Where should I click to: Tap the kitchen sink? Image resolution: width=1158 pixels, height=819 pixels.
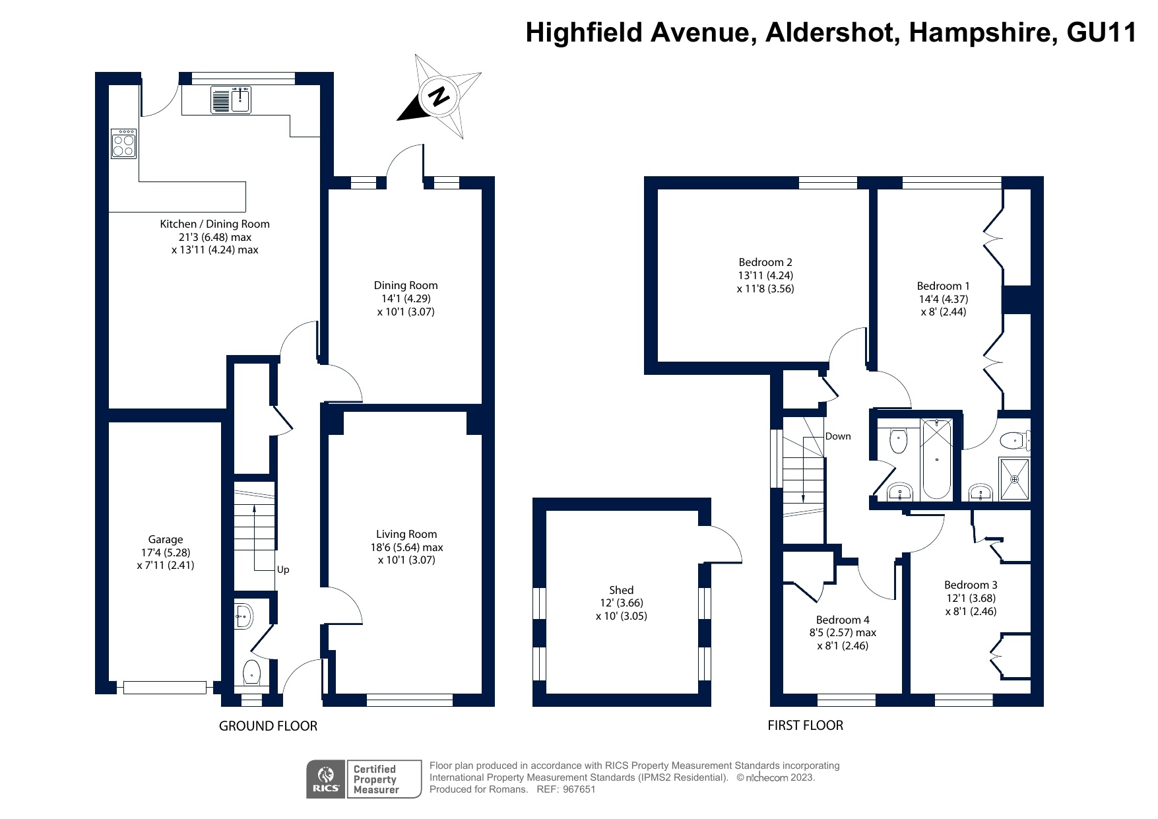(x=231, y=100)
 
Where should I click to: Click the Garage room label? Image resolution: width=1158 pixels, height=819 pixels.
(x=166, y=539)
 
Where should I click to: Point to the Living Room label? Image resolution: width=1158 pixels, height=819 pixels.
(x=406, y=534)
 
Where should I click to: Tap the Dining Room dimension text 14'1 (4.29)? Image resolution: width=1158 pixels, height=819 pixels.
(x=406, y=298)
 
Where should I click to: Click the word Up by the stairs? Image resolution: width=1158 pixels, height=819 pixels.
(x=282, y=570)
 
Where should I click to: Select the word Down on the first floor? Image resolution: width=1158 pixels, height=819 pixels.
(x=838, y=436)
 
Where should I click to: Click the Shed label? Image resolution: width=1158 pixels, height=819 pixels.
(x=622, y=590)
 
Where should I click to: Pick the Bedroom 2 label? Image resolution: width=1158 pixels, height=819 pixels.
(x=765, y=262)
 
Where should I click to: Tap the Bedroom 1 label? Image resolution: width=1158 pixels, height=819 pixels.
(x=944, y=286)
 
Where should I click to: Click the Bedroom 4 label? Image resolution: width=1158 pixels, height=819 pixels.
(x=843, y=620)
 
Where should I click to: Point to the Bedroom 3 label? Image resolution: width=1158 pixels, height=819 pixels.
(x=971, y=585)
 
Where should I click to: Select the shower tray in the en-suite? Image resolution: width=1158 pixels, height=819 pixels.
(x=1015, y=478)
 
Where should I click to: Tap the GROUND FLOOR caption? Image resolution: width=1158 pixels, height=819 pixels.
(x=268, y=726)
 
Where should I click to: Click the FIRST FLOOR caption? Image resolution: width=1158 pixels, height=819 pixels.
(x=805, y=725)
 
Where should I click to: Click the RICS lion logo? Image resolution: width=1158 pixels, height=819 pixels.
(x=326, y=779)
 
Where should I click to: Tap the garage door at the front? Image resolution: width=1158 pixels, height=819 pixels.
(x=164, y=688)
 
